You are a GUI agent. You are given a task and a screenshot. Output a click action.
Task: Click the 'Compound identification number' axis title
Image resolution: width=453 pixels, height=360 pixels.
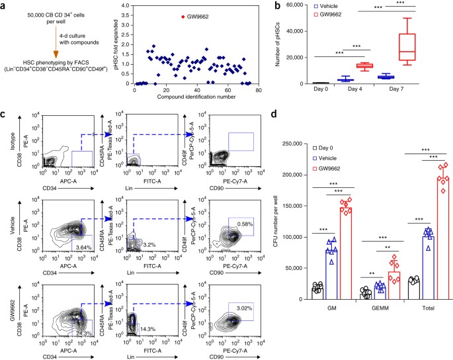[x=194, y=98]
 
